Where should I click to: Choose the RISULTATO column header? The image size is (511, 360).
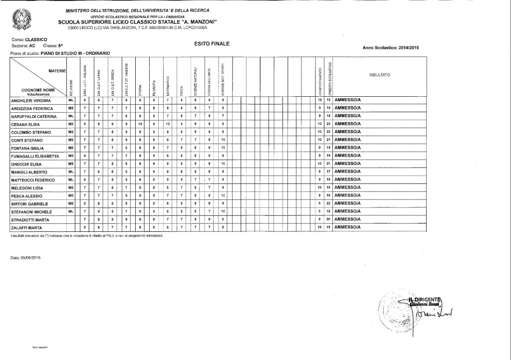[x=380, y=74]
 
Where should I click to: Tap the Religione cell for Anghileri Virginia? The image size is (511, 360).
[x=71, y=100]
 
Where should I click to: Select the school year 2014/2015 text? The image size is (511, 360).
[x=409, y=47]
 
